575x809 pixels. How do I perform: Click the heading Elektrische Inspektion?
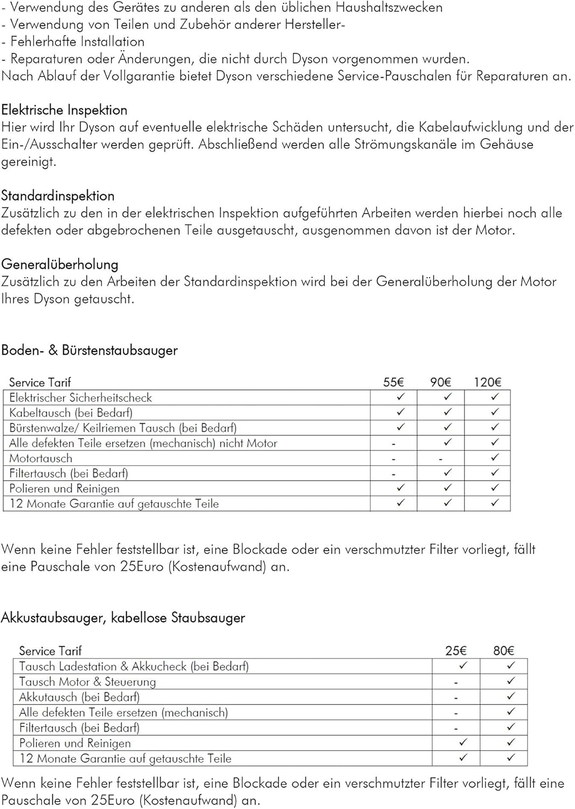point(64,110)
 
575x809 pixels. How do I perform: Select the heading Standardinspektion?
point(58,196)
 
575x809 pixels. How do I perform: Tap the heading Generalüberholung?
point(60,264)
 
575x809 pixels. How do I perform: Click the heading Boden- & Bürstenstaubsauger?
point(89,351)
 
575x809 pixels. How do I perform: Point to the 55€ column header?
point(393,382)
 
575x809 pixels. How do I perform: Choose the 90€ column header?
point(440,382)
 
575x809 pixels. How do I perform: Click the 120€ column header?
point(488,382)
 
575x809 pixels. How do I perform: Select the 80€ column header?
point(504,651)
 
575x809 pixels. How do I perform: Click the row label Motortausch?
point(41,458)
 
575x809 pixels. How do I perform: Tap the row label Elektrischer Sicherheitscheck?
point(81,398)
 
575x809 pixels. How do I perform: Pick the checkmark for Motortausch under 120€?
point(495,457)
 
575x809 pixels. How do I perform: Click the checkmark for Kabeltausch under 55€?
point(400,412)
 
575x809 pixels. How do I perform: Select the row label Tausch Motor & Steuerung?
point(87,682)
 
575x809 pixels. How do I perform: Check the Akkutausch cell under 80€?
point(511,696)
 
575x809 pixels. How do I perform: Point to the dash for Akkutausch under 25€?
point(456,698)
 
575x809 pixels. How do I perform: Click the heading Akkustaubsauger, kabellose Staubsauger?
point(123,618)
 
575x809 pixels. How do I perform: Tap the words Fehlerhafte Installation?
point(78,42)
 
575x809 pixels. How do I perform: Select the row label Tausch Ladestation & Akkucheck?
point(134,667)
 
